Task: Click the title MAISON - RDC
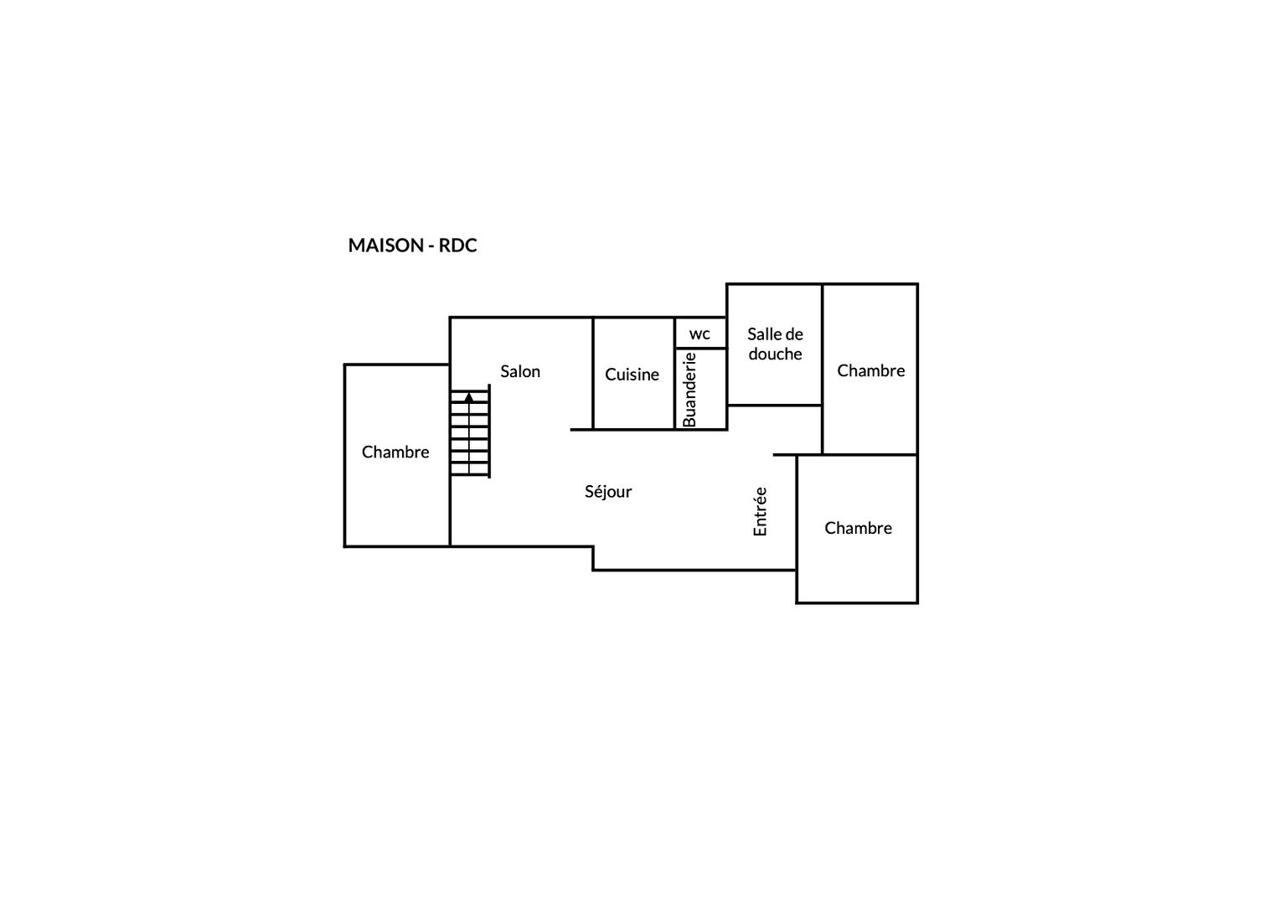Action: (x=413, y=246)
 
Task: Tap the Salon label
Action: (x=520, y=371)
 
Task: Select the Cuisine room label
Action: (x=632, y=375)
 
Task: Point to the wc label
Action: (x=699, y=334)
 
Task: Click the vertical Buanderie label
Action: (x=689, y=390)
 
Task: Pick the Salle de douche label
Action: (x=776, y=344)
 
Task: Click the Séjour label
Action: (x=608, y=492)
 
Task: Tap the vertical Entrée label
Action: (x=760, y=512)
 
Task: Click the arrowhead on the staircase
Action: (x=469, y=396)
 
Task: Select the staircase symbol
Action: (x=470, y=432)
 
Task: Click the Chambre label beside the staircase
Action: (x=395, y=452)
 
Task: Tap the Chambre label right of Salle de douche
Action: (x=871, y=371)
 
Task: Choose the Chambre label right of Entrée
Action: (x=859, y=528)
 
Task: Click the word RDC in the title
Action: (x=457, y=246)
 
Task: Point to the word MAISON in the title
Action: (x=385, y=246)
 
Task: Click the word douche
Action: (x=776, y=354)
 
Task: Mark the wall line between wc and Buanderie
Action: (x=700, y=348)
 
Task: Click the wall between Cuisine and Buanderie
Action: (x=674, y=374)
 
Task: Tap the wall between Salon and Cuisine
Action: (x=593, y=374)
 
